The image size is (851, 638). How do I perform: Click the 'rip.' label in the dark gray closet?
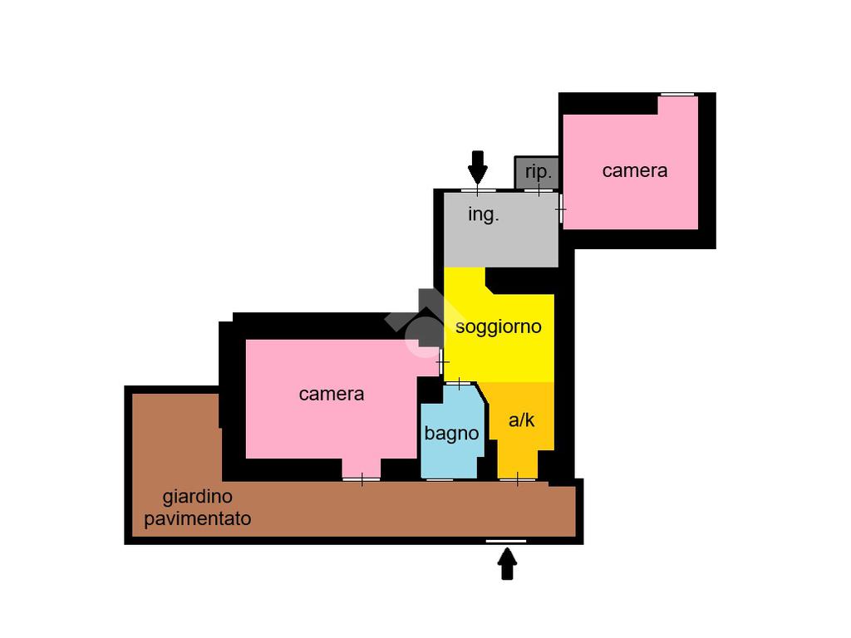[539, 172]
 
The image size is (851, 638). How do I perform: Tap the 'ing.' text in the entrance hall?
[484, 214]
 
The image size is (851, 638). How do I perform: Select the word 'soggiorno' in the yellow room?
[498, 326]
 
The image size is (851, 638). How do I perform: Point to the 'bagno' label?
[451, 433]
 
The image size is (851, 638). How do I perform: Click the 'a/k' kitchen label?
[521, 420]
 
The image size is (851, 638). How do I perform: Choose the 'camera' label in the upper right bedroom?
[635, 170]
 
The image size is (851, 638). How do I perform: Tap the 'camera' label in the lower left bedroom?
[331, 394]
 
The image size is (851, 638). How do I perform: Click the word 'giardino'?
[197, 497]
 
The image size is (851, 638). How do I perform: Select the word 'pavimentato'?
[197, 519]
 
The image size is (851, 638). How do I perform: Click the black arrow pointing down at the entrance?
[477, 166]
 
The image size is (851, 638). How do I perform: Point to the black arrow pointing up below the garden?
[507, 566]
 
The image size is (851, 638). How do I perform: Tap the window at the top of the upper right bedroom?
[677, 95]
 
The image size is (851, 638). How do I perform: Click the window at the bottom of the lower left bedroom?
[362, 478]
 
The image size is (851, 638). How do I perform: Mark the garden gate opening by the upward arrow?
[506, 541]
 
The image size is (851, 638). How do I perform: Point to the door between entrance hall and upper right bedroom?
[560, 209]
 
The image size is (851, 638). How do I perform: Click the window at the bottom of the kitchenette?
[517, 478]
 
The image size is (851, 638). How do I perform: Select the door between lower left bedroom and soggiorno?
[442, 362]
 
